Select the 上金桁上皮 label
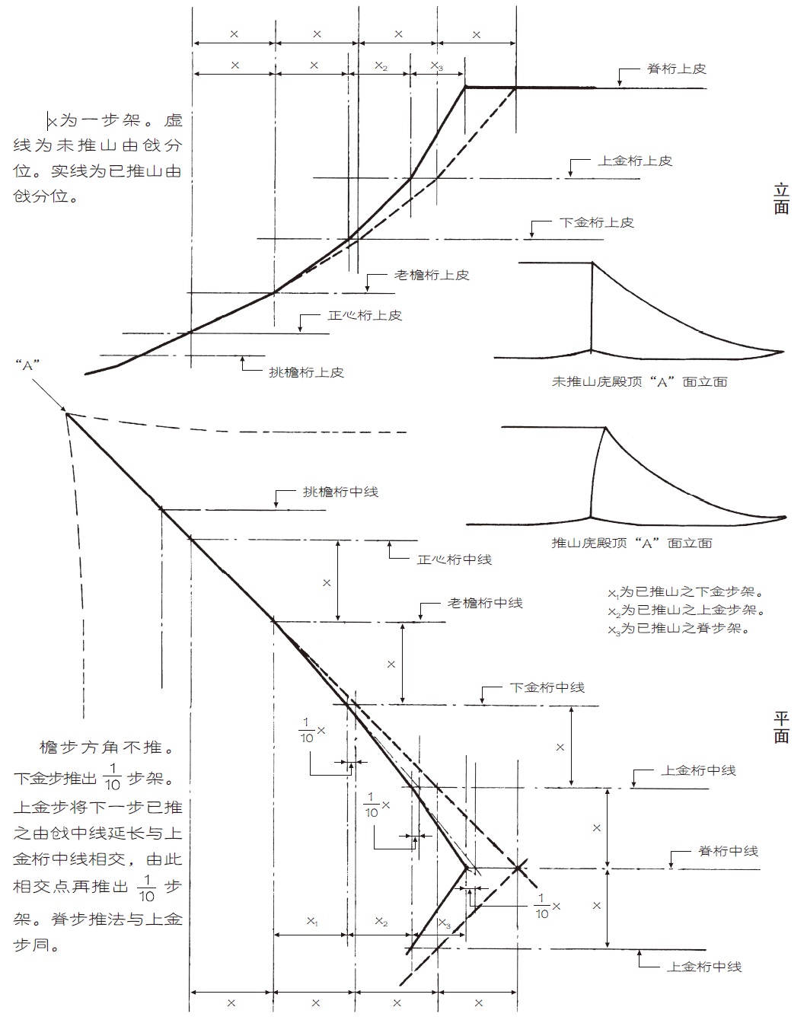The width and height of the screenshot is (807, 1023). tap(636, 161)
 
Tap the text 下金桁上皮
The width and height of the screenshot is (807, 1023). tap(597, 222)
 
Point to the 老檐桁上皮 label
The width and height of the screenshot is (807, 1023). tap(432, 275)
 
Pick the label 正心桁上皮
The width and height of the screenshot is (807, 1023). tap(365, 314)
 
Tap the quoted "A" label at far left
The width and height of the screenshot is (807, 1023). tap(27, 365)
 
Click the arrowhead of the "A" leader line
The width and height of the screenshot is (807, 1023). tap(65, 411)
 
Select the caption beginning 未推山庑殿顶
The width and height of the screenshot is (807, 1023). tap(640, 381)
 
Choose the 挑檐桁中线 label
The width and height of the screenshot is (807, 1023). tap(340, 492)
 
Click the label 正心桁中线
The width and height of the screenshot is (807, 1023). tap(455, 559)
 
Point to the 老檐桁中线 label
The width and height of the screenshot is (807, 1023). tap(485, 603)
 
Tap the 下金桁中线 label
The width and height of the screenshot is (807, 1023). tap(547, 687)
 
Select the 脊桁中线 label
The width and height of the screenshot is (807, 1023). tap(728, 851)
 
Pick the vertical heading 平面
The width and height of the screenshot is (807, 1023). tap(781, 727)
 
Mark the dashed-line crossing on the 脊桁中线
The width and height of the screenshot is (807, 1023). tap(518, 868)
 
